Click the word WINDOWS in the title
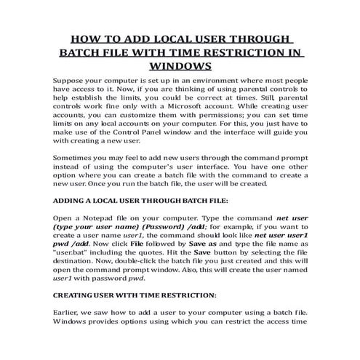(x=180, y=66)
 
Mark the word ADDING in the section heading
(x=73, y=222)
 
